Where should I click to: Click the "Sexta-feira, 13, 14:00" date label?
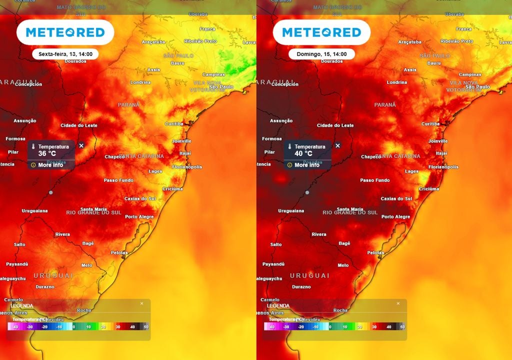(65, 54)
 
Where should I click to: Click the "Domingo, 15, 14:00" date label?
(321, 54)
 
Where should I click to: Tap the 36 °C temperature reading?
(47, 153)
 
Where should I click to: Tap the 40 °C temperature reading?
(303, 153)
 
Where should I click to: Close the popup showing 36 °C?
(81, 145)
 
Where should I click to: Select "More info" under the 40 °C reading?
(306, 165)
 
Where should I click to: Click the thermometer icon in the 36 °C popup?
(33, 147)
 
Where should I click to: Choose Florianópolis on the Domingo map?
(443, 166)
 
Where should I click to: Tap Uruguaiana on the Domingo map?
(291, 210)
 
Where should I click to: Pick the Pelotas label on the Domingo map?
(375, 252)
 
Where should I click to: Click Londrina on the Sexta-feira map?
(140, 82)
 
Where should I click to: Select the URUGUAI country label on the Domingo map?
(309, 275)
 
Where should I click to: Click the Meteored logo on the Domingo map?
(321, 32)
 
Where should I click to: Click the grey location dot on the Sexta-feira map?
(50, 192)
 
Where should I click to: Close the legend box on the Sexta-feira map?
(141, 303)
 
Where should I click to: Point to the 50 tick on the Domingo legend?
(402, 326)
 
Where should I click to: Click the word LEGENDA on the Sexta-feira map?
(22, 305)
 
